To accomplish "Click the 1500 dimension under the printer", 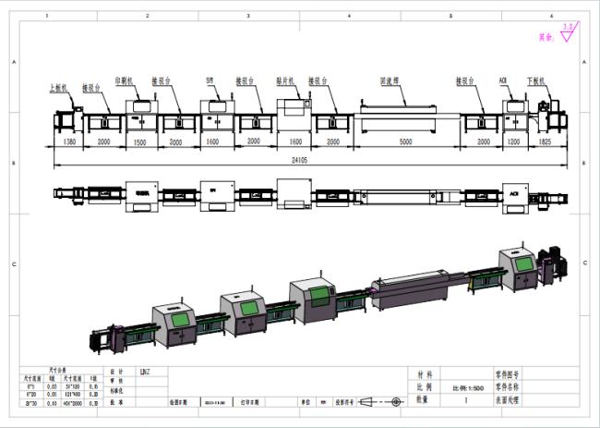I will (x=140, y=144).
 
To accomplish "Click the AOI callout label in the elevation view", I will (x=505, y=80).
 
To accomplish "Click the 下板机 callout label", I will (x=535, y=80).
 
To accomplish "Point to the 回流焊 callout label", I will (x=389, y=80).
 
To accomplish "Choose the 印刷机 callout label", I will (x=124, y=80).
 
